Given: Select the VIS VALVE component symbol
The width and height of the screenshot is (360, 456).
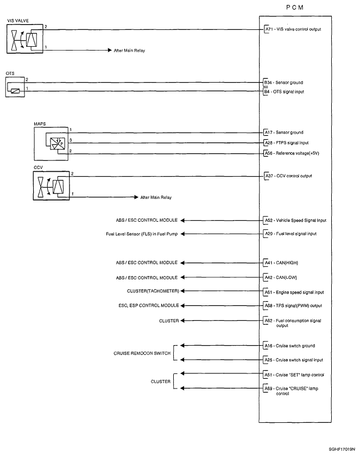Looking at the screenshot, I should pos(25,39).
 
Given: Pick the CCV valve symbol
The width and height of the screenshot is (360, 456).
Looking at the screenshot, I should pos(52,186).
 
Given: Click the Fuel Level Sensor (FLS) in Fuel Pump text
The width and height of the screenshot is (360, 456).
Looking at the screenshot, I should pos(142,234).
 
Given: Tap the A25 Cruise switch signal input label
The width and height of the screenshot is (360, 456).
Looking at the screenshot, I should pos(293,360).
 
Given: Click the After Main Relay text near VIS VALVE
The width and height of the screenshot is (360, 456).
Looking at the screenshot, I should pos(129,51).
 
